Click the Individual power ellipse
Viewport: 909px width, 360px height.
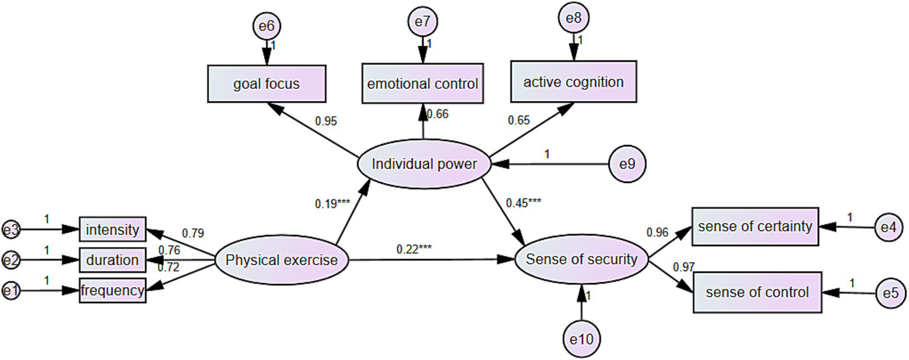point(424,164)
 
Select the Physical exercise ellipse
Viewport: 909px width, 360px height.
point(282,260)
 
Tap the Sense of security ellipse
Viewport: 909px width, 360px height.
point(582,259)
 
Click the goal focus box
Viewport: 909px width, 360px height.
point(266,83)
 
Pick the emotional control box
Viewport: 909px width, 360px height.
point(422,83)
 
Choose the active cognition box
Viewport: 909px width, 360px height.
point(573,81)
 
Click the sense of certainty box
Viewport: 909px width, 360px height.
point(755,226)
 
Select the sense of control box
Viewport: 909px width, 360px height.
point(757,292)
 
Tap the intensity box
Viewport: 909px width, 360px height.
point(113,229)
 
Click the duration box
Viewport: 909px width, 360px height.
point(113,260)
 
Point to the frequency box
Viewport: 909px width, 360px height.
point(113,291)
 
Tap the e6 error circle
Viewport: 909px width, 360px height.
point(266,25)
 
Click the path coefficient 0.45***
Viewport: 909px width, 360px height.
point(523,202)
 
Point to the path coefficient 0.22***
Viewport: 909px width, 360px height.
point(414,249)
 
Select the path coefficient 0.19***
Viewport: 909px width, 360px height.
point(332,204)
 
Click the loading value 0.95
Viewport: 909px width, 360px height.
point(326,121)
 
